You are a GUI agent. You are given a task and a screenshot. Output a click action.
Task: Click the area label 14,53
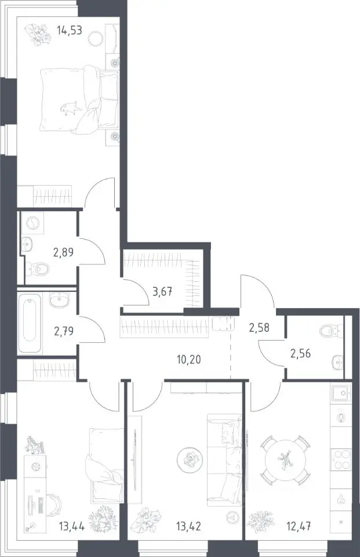(70, 30)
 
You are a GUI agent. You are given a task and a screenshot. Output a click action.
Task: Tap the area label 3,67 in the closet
(162, 292)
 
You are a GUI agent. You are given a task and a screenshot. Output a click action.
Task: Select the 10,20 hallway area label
(189, 360)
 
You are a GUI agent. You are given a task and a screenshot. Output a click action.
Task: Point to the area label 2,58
(259, 327)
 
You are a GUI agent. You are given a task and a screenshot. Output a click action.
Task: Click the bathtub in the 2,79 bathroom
(30, 323)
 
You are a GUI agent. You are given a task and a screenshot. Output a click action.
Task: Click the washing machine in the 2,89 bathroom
(32, 223)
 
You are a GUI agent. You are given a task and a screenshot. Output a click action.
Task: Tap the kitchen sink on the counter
(341, 393)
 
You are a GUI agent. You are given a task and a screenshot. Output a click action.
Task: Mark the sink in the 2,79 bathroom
(60, 301)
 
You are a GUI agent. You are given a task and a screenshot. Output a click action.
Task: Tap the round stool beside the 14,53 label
(96, 38)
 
